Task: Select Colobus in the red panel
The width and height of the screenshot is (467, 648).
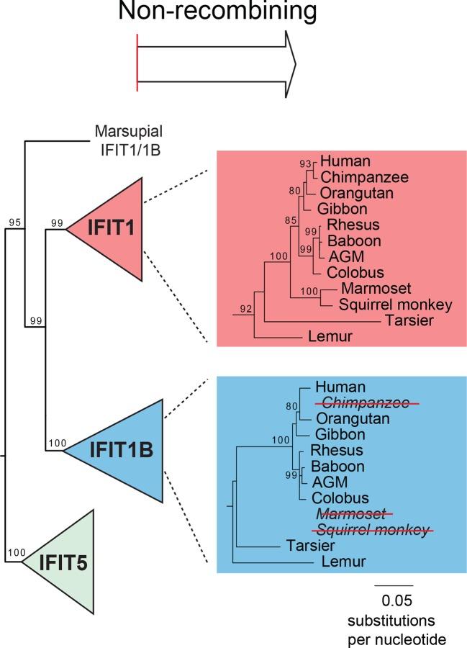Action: [343, 272]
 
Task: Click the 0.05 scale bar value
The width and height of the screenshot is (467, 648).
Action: [393, 600]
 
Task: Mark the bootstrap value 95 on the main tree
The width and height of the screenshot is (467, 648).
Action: [14, 223]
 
